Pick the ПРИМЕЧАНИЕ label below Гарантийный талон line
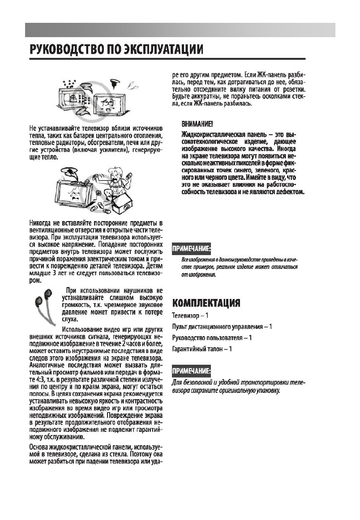coord(192,371)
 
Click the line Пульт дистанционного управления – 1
coord(222,327)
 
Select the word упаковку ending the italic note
coord(267,391)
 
